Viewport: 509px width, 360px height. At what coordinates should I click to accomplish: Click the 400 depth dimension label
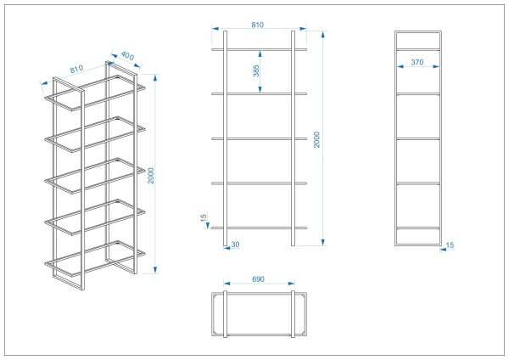(127, 56)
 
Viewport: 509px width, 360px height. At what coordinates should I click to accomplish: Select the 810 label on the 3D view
(76, 70)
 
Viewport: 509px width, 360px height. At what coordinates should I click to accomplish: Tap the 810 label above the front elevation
(257, 25)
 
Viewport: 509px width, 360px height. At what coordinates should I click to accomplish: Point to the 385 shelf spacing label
(256, 70)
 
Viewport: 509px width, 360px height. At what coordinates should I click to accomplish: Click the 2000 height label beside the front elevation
(316, 140)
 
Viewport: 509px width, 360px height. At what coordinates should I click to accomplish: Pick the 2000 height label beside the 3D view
(151, 176)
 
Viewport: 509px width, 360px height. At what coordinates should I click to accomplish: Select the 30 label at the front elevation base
(235, 245)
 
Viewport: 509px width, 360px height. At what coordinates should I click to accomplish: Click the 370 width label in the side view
(417, 62)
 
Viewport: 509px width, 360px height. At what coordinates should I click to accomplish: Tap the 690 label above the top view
(258, 279)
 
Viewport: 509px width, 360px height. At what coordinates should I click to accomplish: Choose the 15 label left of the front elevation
(204, 217)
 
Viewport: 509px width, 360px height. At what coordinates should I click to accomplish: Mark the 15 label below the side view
(450, 245)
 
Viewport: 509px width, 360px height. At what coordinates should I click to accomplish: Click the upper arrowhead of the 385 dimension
(260, 53)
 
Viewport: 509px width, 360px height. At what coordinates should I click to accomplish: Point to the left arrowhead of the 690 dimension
(227, 284)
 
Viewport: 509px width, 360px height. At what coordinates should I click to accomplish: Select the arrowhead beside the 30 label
(227, 249)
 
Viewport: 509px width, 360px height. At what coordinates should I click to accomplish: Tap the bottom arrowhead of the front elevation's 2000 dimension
(323, 242)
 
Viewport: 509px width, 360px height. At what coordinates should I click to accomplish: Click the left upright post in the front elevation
(226, 138)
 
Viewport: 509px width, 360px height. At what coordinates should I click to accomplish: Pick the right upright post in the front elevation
(294, 138)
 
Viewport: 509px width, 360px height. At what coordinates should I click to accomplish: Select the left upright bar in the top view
(226, 314)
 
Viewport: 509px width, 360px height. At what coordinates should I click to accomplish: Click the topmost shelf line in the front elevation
(259, 50)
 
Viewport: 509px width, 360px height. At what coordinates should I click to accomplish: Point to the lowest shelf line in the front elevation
(259, 228)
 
